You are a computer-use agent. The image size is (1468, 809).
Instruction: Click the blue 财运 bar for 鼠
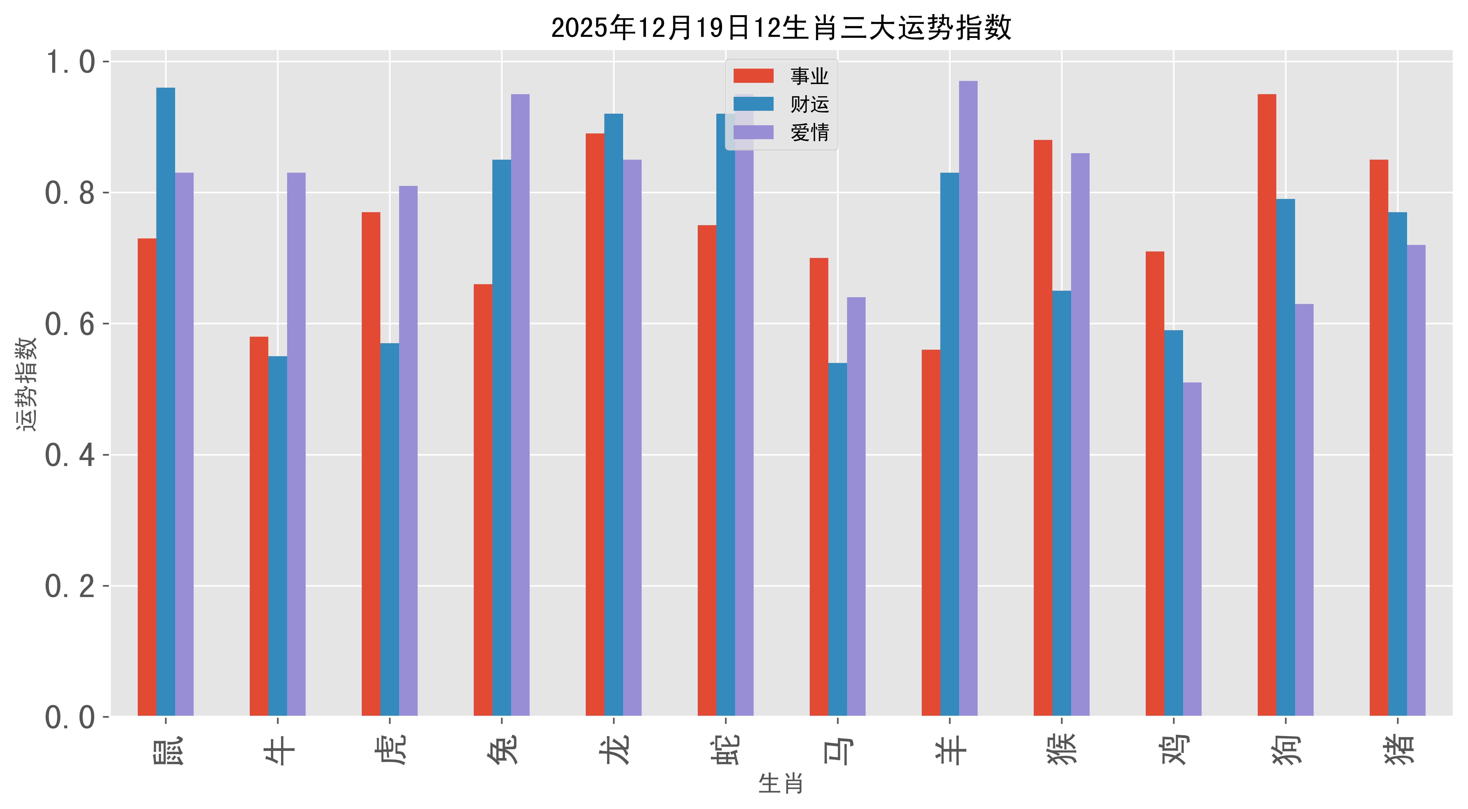(x=166, y=402)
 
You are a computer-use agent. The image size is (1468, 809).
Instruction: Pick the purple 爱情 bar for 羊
(x=968, y=399)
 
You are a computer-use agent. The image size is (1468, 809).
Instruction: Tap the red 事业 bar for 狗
(x=1267, y=405)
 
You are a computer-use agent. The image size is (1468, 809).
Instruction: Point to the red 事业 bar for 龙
(x=595, y=424)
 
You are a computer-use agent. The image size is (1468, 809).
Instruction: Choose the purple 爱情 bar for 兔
(x=520, y=405)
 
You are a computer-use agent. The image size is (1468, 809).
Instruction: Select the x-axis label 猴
(x=1062, y=750)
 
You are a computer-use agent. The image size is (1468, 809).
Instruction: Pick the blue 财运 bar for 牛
(x=277, y=536)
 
